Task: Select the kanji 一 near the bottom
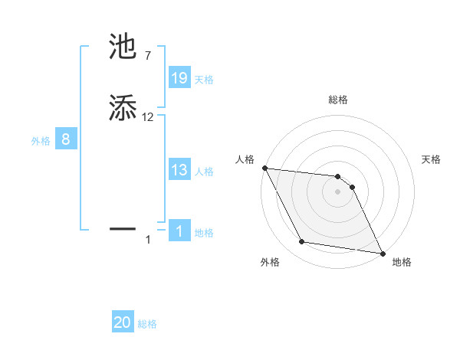(123, 228)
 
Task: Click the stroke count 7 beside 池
(147, 56)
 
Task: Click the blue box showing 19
(179, 78)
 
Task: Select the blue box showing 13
(179, 170)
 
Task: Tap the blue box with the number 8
(66, 139)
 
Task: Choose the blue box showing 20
(123, 322)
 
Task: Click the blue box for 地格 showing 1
(179, 231)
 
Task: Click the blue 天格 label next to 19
(204, 79)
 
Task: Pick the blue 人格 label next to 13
(204, 171)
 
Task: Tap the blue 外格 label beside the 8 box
(41, 140)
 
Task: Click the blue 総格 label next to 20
(147, 324)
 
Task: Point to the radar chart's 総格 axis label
(338, 100)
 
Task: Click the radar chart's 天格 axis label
(432, 159)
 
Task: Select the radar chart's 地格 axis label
(402, 262)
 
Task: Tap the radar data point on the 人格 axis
(264, 168)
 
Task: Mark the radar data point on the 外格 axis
(302, 242)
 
